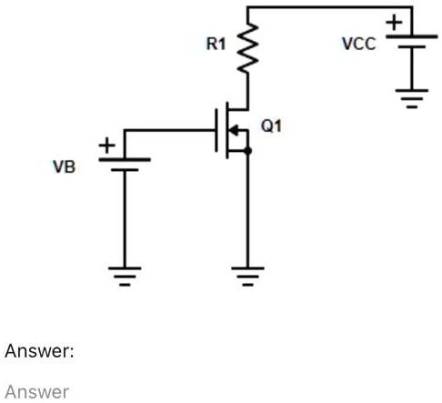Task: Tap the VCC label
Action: click(358, 44)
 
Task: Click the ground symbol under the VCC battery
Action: click(412, 97)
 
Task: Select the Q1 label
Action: click(271, 126)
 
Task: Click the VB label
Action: click(63, 167)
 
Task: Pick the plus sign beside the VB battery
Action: click(107, 146)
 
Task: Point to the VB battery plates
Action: click(125, 163)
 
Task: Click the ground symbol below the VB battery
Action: click(125, 274)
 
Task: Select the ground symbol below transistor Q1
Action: click(247, 274)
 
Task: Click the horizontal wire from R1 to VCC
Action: click(327, 8)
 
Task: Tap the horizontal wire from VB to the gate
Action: click(168, 130)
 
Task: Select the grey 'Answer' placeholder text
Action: click(36, 391)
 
